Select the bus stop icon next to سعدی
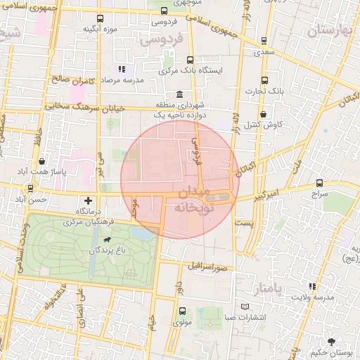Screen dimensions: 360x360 pyautogui.click(x=264, y=41)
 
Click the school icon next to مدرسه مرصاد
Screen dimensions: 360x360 pyautogui.click(x=122, y=70)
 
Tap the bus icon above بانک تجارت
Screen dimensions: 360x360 pyautogui.click(x=264, y=80)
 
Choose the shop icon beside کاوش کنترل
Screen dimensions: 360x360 pyautogui.click(x=263, y=114)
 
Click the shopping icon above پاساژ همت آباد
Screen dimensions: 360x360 pyautogui.click(x=43, y=161)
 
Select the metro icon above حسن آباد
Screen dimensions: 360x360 pyautogui.click(x=30, y=188)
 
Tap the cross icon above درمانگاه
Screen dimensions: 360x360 pyautogui.click(x=88, y=201)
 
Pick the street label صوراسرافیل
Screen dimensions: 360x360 pyautogui.click(x=208, y=268)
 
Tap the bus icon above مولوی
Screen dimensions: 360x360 pyautogui.click(x=182, y=311)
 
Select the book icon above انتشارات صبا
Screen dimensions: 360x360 pyautogui.click(x=245, y=307)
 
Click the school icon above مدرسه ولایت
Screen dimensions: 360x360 pyautogui.click(x=312, y=286)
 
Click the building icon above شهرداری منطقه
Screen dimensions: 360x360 pyautogui.click(x=181, y=95)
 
